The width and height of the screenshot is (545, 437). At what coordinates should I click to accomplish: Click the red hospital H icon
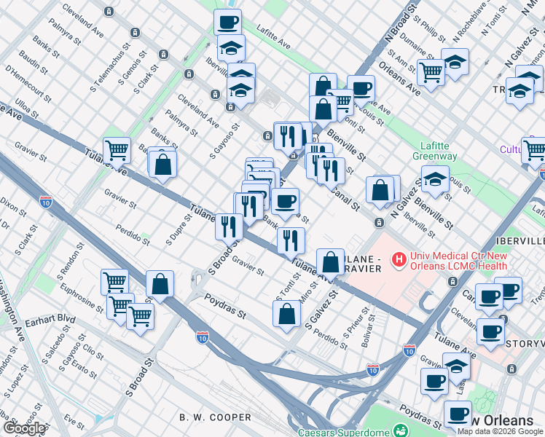click(399, 259)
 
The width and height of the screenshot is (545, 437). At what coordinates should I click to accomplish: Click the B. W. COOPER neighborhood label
click(215, 417)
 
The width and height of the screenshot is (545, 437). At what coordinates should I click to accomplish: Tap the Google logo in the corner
click(23, 429)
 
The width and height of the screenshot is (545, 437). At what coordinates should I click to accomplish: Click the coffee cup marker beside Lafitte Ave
click(227, 21)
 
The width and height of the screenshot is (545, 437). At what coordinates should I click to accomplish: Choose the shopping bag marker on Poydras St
click(287, 313)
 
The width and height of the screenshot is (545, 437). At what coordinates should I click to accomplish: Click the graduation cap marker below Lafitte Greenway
click(434, 179)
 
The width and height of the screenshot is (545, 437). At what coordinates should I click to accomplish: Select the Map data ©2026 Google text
click(499, 431)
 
